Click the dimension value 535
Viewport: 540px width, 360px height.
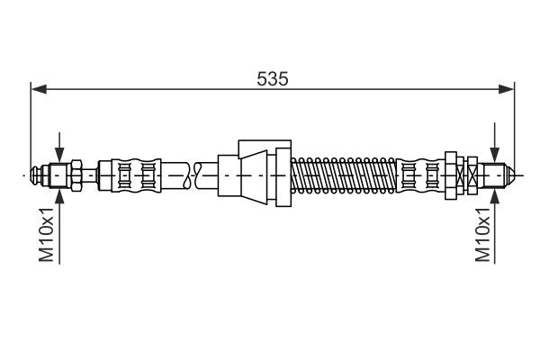[x=272, y=78]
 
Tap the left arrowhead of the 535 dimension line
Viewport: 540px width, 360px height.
[x=38, y=89]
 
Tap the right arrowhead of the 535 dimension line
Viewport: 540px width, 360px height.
[x=507, y=89]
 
